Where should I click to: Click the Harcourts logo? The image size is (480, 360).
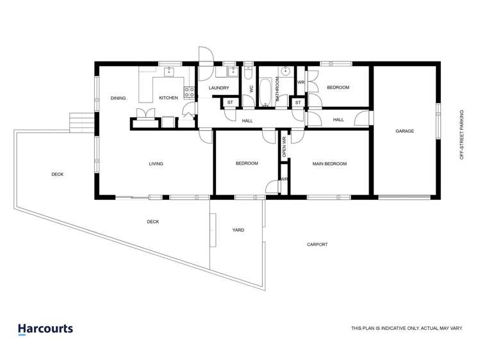(45, 329)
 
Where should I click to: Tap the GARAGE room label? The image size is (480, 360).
(404, 131)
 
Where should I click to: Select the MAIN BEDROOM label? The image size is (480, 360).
(329, 164)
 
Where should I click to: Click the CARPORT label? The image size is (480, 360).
(317, 244)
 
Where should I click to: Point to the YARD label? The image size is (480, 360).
(238, 230)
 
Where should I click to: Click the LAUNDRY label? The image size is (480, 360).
(219, 88)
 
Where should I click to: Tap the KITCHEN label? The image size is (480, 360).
(169, 98)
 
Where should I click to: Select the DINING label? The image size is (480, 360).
(118, 98)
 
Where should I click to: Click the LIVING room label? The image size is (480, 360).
(156, 164)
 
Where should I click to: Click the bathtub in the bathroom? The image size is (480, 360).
(265, 92)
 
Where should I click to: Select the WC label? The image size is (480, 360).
(251, 90)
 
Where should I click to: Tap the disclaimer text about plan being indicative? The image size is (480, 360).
(406, 328)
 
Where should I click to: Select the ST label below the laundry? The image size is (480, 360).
(229, 102)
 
